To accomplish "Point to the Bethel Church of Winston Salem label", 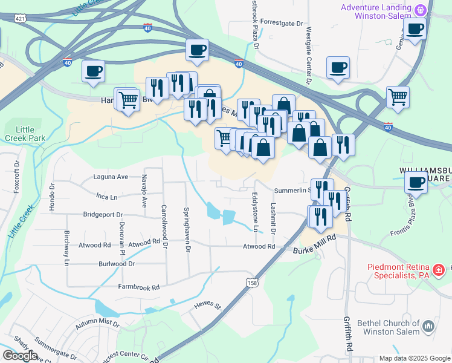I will (x=391, y=330).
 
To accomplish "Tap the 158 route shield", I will (x=252, y=282).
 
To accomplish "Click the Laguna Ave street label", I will (x=111, y=177).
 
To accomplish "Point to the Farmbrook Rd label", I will (x=138, y=287).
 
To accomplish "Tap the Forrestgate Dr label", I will (x=282, y=23).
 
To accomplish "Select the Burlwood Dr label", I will (x=117, y=264).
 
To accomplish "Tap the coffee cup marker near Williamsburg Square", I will (x=416, y=181).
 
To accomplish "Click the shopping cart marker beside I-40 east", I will (x=398, y=97).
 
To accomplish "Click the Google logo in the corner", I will (x=19, y=356).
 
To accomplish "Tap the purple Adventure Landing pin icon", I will (x=421, y=11).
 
